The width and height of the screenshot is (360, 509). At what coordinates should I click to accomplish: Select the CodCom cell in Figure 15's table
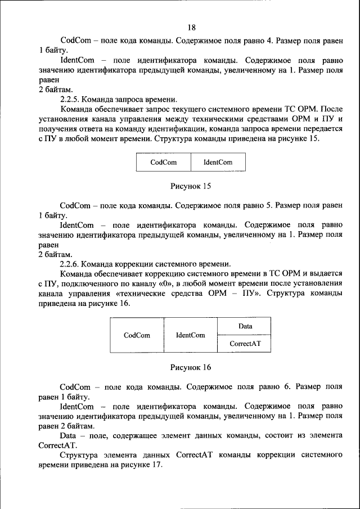click(164, 163)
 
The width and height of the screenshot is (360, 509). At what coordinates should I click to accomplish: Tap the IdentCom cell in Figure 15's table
click(218, 163)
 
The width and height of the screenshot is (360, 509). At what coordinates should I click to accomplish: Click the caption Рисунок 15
click(191, 185)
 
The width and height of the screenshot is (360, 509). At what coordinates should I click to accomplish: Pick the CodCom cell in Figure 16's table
click(137, 335)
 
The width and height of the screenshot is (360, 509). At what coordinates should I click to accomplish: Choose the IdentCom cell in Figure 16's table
click(190, 335)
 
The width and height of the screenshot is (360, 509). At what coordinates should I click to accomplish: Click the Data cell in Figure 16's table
click(245, 326)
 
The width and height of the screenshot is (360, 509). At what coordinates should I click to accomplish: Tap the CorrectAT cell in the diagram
click(245, 344)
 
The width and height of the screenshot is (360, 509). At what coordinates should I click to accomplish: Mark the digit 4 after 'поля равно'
click(270, 40)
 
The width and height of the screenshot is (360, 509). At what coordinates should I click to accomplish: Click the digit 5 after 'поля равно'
click(270, 206)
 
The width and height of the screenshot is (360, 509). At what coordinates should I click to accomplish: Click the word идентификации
click(163, 129)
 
